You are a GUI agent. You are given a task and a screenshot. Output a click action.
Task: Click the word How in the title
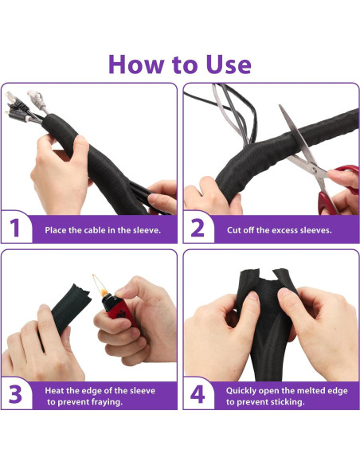point(136,64)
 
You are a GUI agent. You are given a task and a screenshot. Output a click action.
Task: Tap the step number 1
point(14,228)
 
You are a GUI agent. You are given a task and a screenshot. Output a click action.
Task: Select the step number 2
point(198,228)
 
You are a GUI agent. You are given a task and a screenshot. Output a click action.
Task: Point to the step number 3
point(15,394)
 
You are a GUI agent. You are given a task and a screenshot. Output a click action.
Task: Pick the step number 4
point(198,394)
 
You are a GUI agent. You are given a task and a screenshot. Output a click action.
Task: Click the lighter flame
point(100,285)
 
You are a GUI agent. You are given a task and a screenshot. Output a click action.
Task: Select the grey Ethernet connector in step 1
point(37,100)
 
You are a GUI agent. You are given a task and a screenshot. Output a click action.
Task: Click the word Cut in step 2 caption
point(233,230)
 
